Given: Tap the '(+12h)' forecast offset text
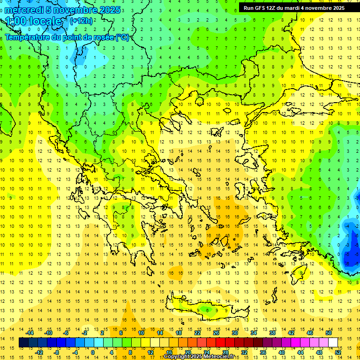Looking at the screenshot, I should coord(81,21).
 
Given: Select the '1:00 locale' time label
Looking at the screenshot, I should coord(33,21).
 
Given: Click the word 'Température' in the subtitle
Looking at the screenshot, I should coord(28,37).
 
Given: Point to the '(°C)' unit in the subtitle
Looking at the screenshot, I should coord(122,37).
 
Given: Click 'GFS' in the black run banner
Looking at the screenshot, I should coord(264,7).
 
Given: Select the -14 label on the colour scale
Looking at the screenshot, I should coord(30,333).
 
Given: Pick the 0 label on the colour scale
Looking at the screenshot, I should coord(93,352).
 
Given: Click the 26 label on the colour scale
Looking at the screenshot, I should coord(216,333).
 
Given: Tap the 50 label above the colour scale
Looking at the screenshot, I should coord(328,333).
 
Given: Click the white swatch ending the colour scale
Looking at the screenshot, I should coord(333,343).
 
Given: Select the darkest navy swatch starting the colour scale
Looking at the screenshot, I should coord(23,343).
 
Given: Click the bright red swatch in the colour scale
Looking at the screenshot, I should coord(220,343).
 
